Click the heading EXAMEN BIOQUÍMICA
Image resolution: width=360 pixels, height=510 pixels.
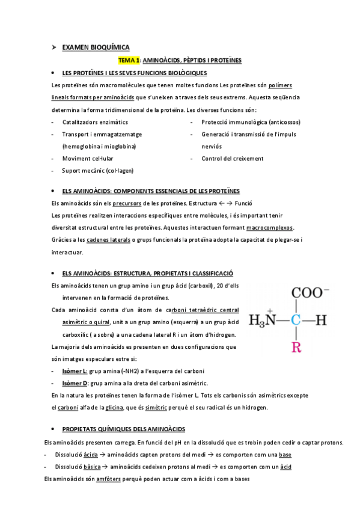[x=96, y=47]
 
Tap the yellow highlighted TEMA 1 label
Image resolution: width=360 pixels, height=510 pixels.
[x=129, y=60]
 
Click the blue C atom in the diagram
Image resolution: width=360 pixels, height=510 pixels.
[x=295, y=320]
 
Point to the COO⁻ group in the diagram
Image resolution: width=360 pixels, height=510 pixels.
[x=310, y=293]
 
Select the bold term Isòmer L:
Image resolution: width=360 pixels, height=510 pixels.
[x=75, y=371]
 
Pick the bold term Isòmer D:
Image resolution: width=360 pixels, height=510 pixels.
[x=75, y=383]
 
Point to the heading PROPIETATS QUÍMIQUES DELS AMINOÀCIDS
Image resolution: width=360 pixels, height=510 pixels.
[x=124, y=429]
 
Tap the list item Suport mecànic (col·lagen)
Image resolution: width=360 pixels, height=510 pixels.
[x=97, y=171]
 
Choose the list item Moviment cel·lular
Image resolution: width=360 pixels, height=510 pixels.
[x=88, y=159]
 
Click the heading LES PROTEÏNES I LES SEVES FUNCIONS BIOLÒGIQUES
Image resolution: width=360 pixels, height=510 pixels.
[x=135, y=73]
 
